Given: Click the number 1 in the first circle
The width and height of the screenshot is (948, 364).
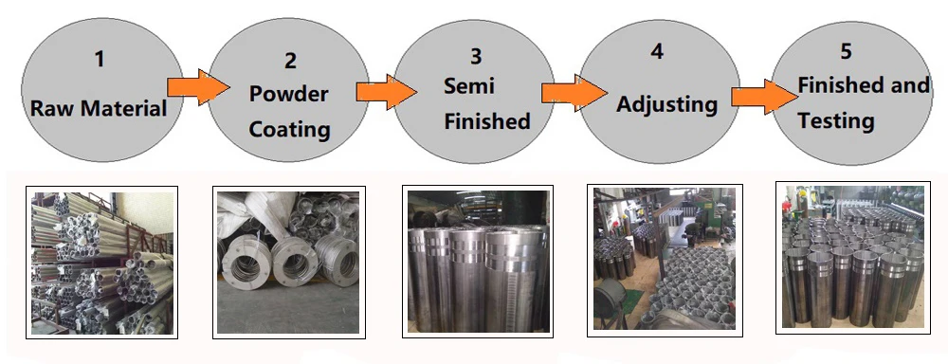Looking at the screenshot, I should point(99,60).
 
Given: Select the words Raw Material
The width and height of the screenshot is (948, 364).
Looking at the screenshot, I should point(99,108).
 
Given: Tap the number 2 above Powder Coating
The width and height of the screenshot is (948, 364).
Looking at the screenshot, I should point(290,62).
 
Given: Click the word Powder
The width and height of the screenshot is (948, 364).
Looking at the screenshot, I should point(289,95).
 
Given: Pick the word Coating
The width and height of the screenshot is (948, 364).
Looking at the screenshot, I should point(289,128).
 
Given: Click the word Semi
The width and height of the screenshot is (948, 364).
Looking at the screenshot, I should point(469,87).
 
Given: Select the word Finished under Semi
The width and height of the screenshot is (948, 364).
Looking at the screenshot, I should point(487,121).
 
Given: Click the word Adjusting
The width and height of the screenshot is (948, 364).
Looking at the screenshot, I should point(667,103).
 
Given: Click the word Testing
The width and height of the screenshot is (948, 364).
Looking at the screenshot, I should point(835,120).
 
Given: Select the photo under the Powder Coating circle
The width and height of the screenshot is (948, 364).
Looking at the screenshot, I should point(288,261).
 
